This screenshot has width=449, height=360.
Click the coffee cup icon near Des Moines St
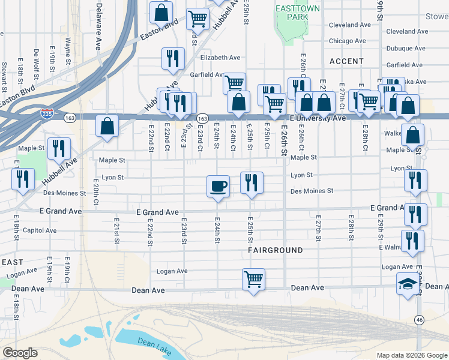click(218, 185)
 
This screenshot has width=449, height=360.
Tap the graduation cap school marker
click(408, 283)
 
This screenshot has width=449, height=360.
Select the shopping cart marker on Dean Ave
click(253, 279)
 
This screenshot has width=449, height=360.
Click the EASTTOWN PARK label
click(292, 13)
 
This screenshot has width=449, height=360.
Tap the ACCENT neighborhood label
click(346, 61)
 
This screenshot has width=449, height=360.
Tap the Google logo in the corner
click(20, 353)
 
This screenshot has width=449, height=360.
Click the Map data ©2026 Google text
click(411, 355)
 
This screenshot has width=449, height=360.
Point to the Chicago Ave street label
click(347, 41)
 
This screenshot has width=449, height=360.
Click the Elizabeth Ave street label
click(220, 58)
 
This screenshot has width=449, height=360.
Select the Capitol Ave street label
click(40, 230)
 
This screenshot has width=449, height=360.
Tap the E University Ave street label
click(318, 119)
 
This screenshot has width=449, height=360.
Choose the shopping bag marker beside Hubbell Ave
click(107, 126)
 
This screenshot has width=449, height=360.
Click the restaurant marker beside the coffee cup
click(252, 182)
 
